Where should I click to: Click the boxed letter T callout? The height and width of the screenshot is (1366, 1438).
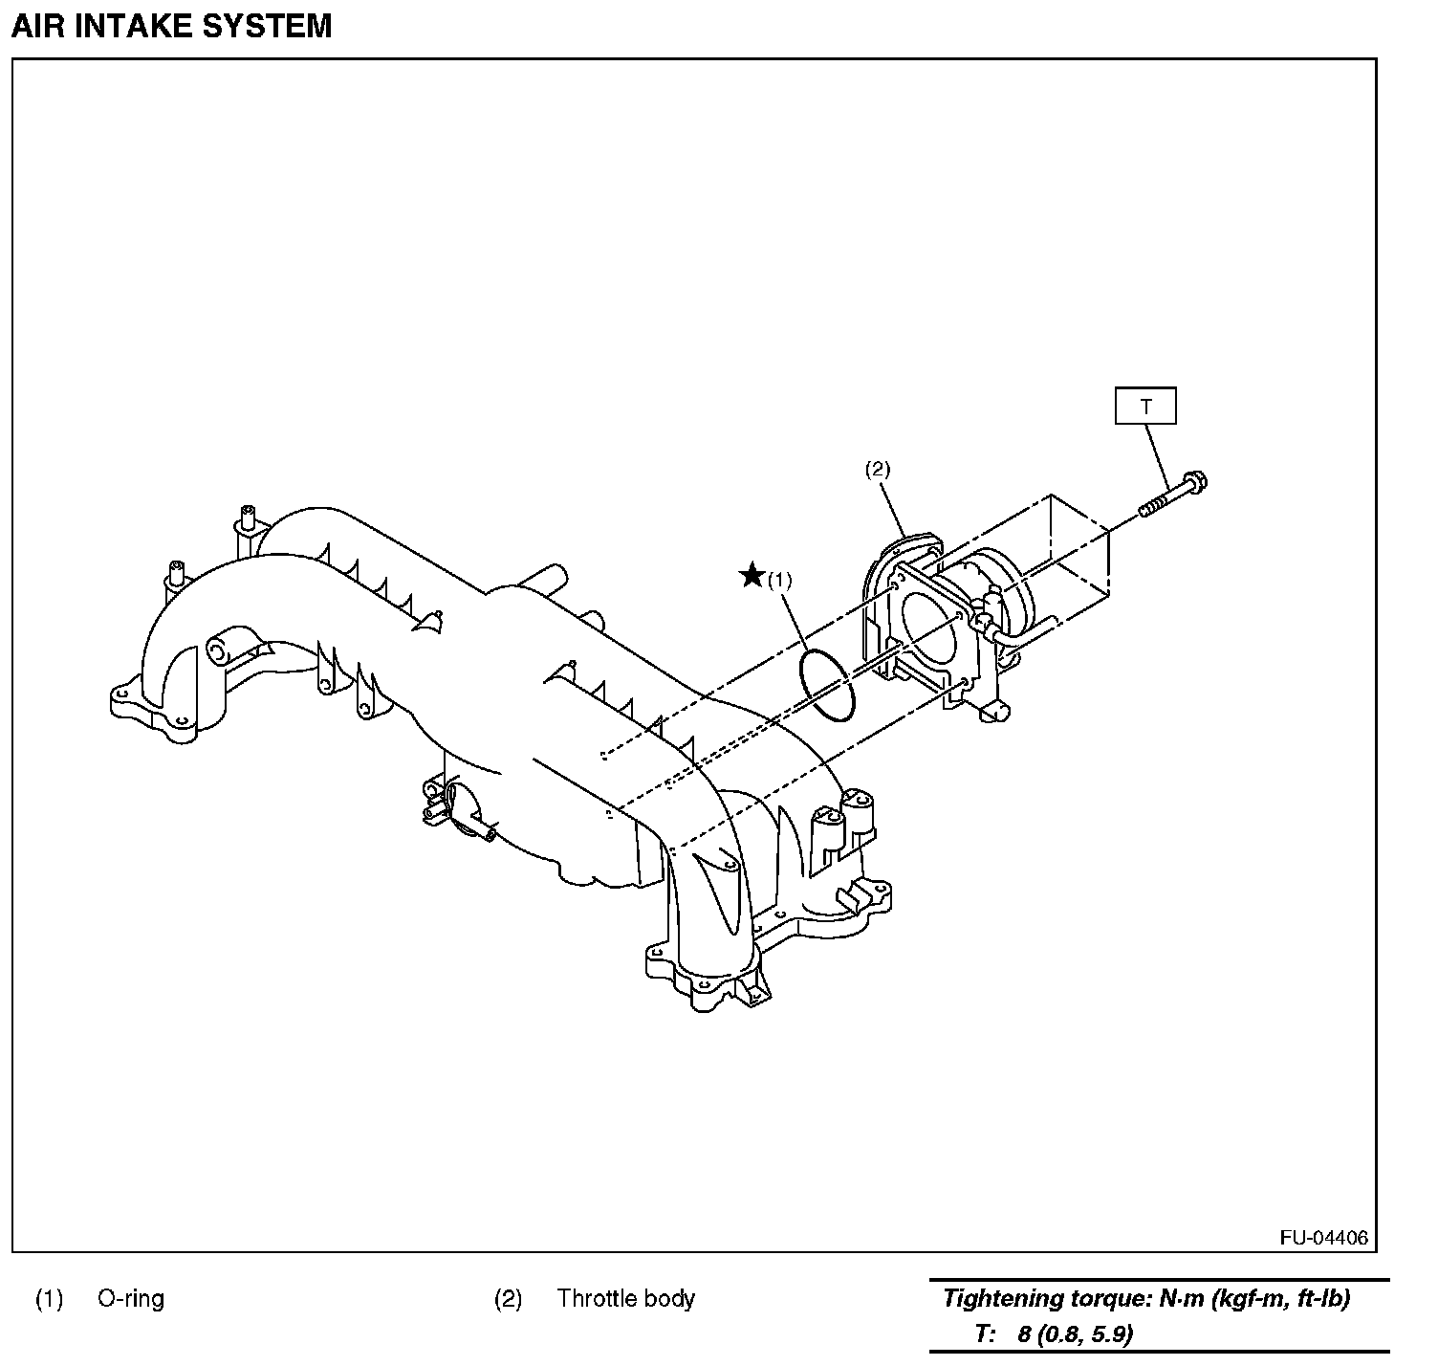pyautogui.click(x=1145, y=407)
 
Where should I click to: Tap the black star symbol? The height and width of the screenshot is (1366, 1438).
pyautogui.click(x=752, y=576)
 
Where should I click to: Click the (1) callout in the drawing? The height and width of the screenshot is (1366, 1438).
pyautogui.click(x=780, y=580)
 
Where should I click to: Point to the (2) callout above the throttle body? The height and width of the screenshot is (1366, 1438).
pyautogui.click(x=878, y=469)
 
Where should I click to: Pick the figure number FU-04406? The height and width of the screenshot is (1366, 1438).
pyautogui.click(x=1323, y=1238)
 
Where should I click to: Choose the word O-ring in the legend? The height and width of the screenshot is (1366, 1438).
pyautogui.click(x=131, y=1298)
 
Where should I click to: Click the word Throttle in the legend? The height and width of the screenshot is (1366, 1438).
pyautogui.click(x=598, y=1298)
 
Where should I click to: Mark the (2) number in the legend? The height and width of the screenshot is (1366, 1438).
pyautogui.click(x=509, y=1298)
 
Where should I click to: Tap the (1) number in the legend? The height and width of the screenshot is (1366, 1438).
pyautogui.click(x=50, y=1298)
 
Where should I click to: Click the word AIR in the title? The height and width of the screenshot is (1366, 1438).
pyautogui.click(x=36, y=26)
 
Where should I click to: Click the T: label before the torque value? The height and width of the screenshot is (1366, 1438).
pyautogui.click(x=986, y=1333)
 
